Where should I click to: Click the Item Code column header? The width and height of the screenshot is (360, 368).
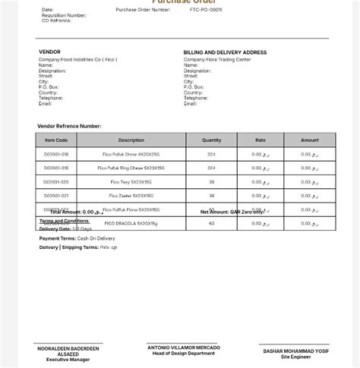pos(56,140)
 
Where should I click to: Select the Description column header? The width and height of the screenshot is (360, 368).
pos(131,140)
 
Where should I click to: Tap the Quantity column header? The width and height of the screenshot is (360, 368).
pos(211,140)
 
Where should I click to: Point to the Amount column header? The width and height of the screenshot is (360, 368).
pos(310,140)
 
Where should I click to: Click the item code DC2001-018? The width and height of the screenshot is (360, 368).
pos(56,154)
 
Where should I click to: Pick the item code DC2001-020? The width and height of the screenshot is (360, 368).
pos(56,182)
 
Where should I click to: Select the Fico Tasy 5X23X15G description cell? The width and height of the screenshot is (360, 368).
pos(131,182)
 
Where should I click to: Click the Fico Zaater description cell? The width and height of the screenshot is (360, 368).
pos(131,196)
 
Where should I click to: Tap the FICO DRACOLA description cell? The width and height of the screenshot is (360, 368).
pos(131,223)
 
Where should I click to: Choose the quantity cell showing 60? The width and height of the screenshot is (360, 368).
pos(211,223)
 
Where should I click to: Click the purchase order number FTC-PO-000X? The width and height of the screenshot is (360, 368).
pos(207,10)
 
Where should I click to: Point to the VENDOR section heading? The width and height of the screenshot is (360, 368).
pos(49,52)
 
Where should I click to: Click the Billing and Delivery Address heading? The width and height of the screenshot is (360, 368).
pos(225,52)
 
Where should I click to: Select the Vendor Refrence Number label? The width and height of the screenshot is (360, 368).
pos(69,126)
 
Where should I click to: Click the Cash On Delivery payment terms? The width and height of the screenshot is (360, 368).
pos(96,238)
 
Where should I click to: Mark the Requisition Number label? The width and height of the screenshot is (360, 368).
pos(64,15)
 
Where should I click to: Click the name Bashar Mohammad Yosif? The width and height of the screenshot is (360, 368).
pos(295,351)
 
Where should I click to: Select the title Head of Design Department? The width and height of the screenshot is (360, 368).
pos(183,354)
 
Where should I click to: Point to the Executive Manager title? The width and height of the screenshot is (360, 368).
pos(68,359)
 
